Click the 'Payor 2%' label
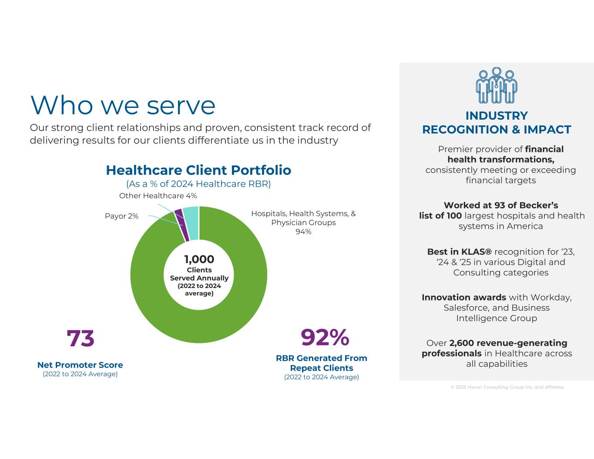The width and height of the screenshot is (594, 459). (121, 216)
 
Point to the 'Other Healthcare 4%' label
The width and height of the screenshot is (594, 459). (158, 196)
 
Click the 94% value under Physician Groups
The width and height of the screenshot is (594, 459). (303, 231)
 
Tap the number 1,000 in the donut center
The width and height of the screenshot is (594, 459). (199, 259)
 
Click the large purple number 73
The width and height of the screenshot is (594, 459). (81, 338)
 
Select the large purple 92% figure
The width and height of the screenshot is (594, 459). (325, 338)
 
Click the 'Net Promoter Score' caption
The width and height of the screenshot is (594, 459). (80, 365)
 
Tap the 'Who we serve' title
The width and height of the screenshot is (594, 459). (123, 105)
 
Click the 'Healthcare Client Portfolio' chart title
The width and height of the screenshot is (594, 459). (198, 170)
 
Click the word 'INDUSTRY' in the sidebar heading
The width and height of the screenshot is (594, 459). (497, 116)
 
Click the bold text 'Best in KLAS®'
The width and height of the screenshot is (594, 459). (459, 251)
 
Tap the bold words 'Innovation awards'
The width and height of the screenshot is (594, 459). (463, 297)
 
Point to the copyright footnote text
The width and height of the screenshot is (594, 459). (507, 387)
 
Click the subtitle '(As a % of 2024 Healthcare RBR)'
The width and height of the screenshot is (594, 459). (198, 184)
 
